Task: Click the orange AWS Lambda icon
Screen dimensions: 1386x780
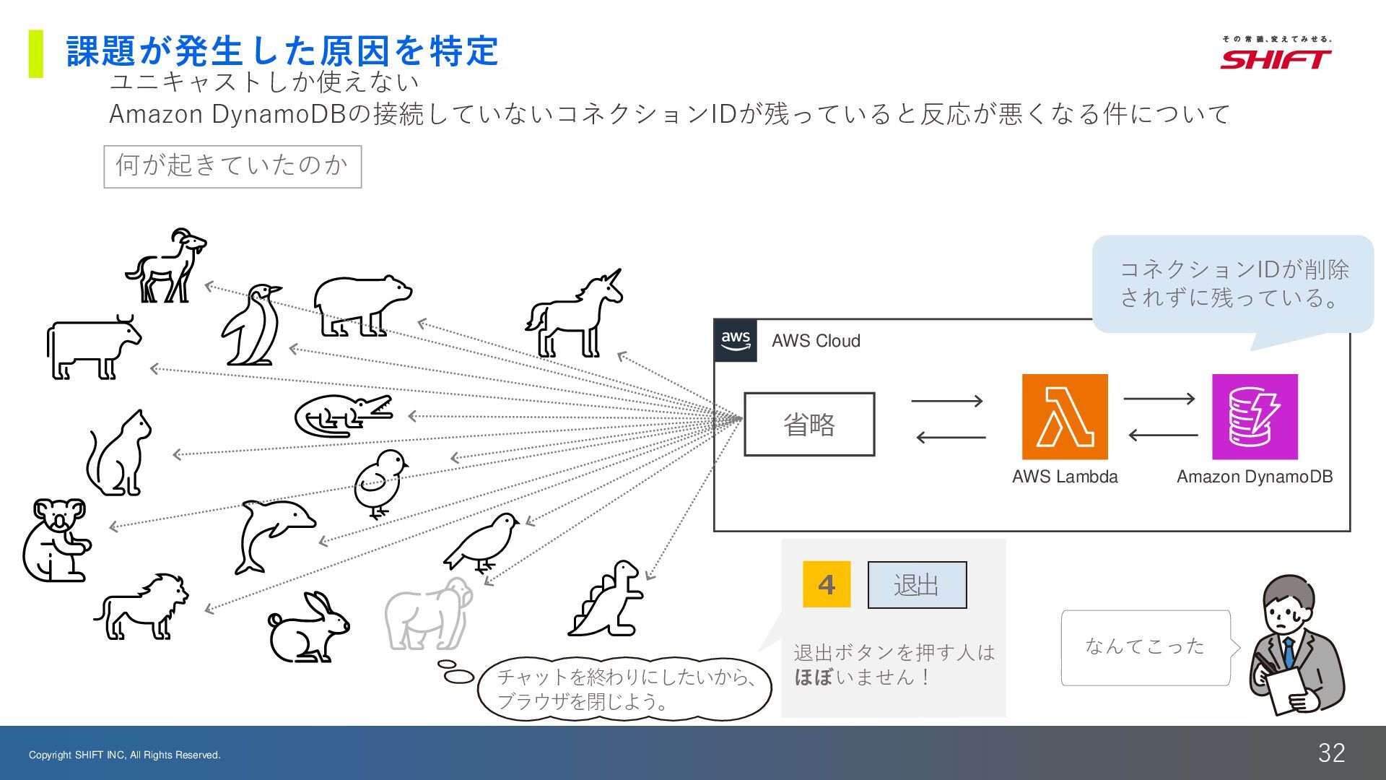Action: [1065, 417]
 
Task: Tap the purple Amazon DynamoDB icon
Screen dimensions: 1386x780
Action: [1255, 417]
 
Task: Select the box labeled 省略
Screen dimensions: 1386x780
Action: [809, 424]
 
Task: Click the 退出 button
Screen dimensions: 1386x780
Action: [917, 585]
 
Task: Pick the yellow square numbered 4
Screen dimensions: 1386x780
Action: [827, 584]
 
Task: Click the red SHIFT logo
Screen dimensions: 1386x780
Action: [1276, 58]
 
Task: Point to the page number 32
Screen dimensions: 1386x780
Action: [1331, 753]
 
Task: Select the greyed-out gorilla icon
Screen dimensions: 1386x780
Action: [429, 615]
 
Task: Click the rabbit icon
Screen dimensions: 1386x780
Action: [308, 628]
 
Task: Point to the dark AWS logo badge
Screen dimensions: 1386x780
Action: [736, 340]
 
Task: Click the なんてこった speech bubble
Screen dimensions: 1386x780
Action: [1146, 646]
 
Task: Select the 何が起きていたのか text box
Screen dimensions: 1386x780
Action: [232, 167]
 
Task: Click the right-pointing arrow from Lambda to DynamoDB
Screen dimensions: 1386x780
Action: [1159, 398]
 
